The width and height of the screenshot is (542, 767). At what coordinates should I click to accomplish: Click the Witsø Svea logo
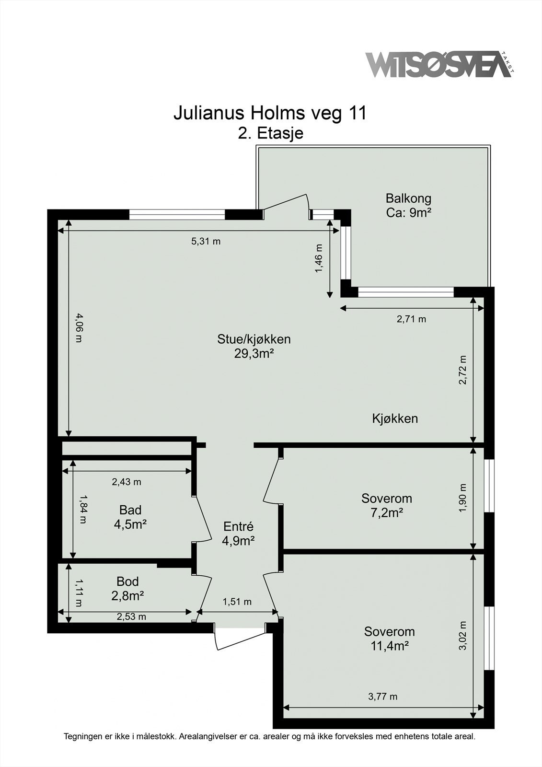[x=438, y=64]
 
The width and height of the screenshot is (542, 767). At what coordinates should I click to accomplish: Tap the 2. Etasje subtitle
[x=271, y=133]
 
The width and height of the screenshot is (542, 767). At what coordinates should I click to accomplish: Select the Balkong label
[x=408, y=205]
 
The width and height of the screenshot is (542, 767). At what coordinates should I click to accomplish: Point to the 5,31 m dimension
[x=206, y=241]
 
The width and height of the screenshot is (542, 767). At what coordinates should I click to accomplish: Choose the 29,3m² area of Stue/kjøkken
[x=254, y=354]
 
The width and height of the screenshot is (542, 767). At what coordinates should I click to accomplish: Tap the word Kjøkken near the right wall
[x=395, y=418]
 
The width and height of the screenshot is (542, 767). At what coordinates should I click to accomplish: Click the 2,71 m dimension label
[x=411, y=319]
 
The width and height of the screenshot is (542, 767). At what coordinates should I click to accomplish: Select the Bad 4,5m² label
[x=130, y=517]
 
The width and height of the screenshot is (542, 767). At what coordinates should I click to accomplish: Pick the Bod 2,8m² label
[x=127, y=588]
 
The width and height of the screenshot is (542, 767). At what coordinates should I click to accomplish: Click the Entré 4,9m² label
[x=238, y=534]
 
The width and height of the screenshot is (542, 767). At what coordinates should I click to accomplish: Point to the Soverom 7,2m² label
[x=386, y=505]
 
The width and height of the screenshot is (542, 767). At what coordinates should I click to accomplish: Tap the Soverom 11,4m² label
[x=389, y=639]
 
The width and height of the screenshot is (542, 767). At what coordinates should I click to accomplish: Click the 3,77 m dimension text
[x=382, y=697]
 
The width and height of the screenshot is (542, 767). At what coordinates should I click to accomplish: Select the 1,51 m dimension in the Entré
[x=237, y=602]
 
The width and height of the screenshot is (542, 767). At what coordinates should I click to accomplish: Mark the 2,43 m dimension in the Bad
[x=127, y=482]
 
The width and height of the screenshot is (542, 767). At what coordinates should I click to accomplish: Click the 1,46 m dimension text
[x=319, y=259]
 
